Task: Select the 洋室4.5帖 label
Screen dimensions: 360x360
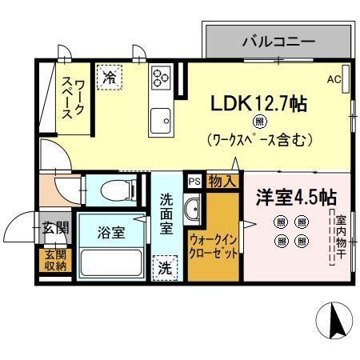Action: point(296,198)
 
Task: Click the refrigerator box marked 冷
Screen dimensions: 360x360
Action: point(109,77)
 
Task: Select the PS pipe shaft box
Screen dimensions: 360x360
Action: point(194,181)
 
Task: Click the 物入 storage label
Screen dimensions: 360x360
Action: point(222,182)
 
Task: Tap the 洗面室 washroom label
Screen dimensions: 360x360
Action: point(166,214)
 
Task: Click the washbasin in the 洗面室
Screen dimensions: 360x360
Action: point(193,212)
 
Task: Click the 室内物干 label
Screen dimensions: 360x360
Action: point(340,236)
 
